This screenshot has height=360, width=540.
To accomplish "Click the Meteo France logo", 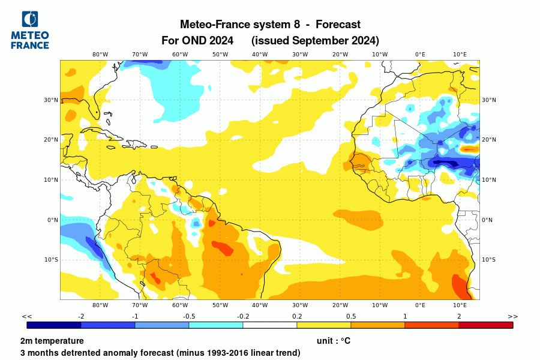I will click(x=29, y=30).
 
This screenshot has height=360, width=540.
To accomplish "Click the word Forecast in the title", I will click(x=338, y=25).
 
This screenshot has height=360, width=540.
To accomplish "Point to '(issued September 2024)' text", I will click(x=315, y=41).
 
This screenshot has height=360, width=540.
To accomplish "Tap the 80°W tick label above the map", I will click(x=100, y=55).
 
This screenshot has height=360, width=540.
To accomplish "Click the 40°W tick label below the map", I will click(x=260, y=305).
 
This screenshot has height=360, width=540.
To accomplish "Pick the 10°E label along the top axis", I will click(x=460, y=55).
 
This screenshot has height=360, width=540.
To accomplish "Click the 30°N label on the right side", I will click(x=489, y=100).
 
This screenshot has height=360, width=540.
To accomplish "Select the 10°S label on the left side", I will click(x=52, y=260).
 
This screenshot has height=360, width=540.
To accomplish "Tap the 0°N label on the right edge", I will click(x=487, y=220).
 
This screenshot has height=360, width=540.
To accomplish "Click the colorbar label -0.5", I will click(x=189, y=316).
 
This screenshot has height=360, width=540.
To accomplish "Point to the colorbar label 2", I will click(x=459, y=316).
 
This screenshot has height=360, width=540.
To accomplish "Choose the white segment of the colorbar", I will click(x=270, y=325).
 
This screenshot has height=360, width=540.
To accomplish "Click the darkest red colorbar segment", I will click(x=486, y=325).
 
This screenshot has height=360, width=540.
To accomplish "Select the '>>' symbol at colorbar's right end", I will click(x=512, y=316).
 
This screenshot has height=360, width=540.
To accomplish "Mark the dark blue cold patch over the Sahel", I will click(x=449, y=163).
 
